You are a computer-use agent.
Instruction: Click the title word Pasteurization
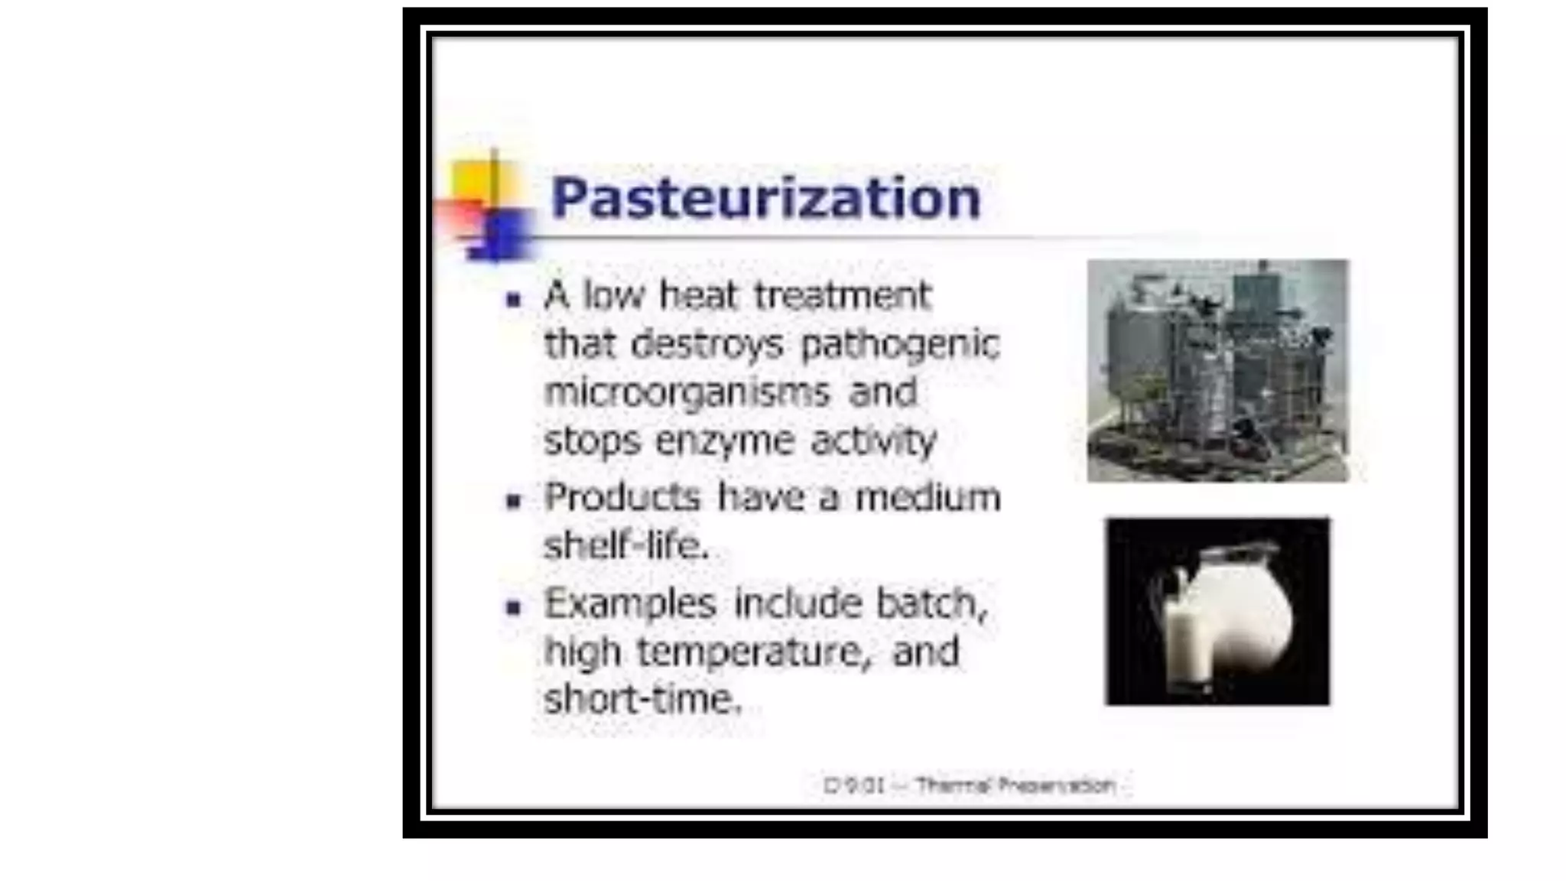click(765, 198)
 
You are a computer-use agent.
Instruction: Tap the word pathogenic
click(900, 344)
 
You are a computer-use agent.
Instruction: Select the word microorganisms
click(687, 392)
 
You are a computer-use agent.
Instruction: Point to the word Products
click(622, 497)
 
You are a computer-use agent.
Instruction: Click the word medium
click(928, 497)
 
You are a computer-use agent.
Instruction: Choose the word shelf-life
click(626, 545)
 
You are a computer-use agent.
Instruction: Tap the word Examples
click(630, 603)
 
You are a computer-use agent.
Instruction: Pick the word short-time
click(642, 699)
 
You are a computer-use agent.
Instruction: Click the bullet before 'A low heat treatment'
click(513, 300)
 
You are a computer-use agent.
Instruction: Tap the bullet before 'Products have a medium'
click(513, 502)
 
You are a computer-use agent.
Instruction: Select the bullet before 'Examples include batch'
click(513, 608)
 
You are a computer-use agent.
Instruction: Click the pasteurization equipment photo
click(1217, 370)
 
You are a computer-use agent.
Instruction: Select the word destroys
click(707, 344)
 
